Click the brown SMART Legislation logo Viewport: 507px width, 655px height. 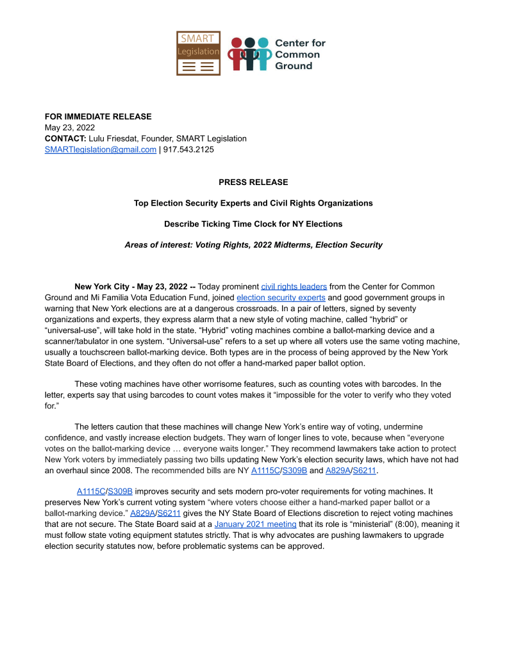(198, 53)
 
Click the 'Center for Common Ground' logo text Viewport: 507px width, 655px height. (300, 54)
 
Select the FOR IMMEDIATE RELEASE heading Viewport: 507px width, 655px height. (98, 117)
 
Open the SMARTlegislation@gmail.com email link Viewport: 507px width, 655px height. (101, 149)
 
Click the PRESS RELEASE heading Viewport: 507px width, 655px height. (253, 182)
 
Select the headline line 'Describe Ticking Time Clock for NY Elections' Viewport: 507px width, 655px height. (253, 224)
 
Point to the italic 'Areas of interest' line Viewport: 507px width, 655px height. (253, 245)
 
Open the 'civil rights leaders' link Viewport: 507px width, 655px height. (294, 286)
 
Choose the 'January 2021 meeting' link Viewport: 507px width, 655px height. (255, 524)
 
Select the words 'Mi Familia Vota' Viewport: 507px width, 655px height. (164, 297)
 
